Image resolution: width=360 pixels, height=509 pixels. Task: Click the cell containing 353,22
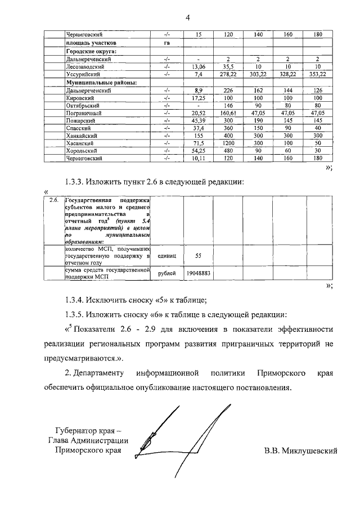318,74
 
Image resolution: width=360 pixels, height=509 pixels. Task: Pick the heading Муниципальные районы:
101,82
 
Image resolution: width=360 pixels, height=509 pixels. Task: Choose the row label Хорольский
82,151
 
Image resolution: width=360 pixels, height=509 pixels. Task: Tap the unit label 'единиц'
167,255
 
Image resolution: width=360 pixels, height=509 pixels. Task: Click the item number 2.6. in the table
54,200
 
